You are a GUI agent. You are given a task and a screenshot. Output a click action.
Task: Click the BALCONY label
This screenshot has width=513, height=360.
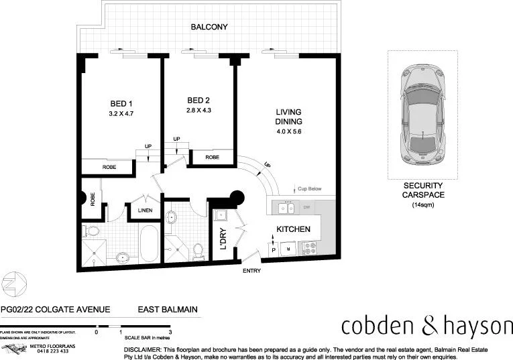(210, 27)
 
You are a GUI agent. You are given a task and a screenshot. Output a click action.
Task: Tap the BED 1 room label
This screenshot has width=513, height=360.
(121, 103)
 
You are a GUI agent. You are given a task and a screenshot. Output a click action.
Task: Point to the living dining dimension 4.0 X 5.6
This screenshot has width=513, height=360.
(289, 132)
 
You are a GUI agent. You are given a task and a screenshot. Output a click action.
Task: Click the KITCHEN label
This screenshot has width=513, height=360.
(294, 229)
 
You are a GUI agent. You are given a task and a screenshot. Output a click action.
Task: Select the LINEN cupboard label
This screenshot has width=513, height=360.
(146, 211)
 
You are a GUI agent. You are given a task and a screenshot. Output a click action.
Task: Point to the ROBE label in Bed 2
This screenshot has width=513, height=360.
(212, 158)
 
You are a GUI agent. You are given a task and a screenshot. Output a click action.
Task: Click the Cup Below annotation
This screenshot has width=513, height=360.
(310, 190)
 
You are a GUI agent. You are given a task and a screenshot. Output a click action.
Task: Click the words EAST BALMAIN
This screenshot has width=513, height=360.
(168, 310)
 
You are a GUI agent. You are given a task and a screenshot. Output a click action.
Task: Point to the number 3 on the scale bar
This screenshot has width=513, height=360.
(171, 332)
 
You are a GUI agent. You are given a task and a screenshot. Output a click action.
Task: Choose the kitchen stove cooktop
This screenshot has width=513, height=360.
(310, 248)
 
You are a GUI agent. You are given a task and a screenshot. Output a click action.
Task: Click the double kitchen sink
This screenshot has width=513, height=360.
(286, 208)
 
